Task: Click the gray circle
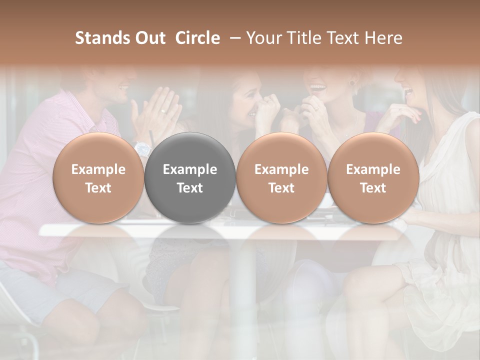(190, 178)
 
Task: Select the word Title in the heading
(302, 38)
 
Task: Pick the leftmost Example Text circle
(98, 178)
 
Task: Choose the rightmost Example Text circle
(373, 178)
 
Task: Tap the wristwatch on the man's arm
(142, 148)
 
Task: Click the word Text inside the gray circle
(190, 188)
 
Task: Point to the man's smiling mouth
(122, 87)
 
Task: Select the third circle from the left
(281, 178)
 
